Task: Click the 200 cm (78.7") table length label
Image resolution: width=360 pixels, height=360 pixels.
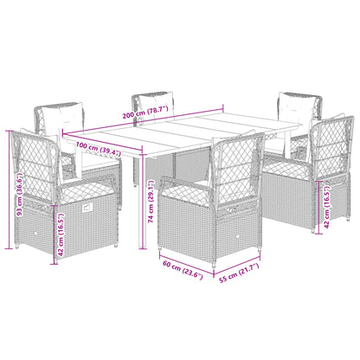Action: [145, 112]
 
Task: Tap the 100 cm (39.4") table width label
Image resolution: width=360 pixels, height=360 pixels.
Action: [99, 149]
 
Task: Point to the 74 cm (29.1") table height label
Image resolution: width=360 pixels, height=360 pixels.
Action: [151, 202]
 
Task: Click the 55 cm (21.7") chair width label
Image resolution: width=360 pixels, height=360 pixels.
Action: [239, 273]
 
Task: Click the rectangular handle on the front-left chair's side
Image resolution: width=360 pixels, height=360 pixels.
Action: [87, 208]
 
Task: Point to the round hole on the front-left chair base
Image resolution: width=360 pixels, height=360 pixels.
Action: [35, 234]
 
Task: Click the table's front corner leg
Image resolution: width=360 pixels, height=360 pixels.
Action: [143, 201]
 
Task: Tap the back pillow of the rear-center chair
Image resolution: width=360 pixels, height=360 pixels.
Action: [156, 106]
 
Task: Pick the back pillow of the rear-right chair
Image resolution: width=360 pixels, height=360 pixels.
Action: [296, 109]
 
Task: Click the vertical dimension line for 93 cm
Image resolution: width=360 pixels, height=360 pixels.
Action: [10, 190]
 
